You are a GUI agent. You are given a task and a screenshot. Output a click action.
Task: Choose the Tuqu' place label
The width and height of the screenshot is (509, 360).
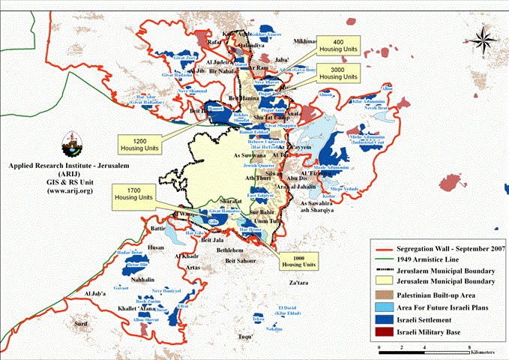click(x=245, y=337)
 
